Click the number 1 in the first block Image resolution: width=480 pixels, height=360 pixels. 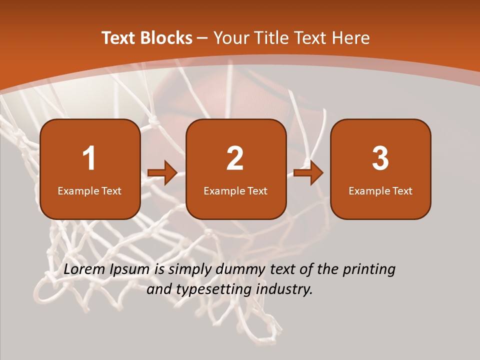(89, 158)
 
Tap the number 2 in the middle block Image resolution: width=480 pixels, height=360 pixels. (235, 158)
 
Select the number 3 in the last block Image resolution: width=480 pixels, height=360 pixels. (380, 158)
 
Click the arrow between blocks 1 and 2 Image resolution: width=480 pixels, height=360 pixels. (162, 173)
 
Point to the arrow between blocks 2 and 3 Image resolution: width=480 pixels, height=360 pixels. (308, 173)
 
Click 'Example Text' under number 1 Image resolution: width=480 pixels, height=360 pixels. (89, 190)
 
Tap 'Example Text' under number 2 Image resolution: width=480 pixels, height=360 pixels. (235, 190)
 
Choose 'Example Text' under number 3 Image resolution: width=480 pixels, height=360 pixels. (380, 190)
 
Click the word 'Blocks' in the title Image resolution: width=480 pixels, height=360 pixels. (166, 38)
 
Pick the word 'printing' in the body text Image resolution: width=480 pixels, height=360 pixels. (369, 270)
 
